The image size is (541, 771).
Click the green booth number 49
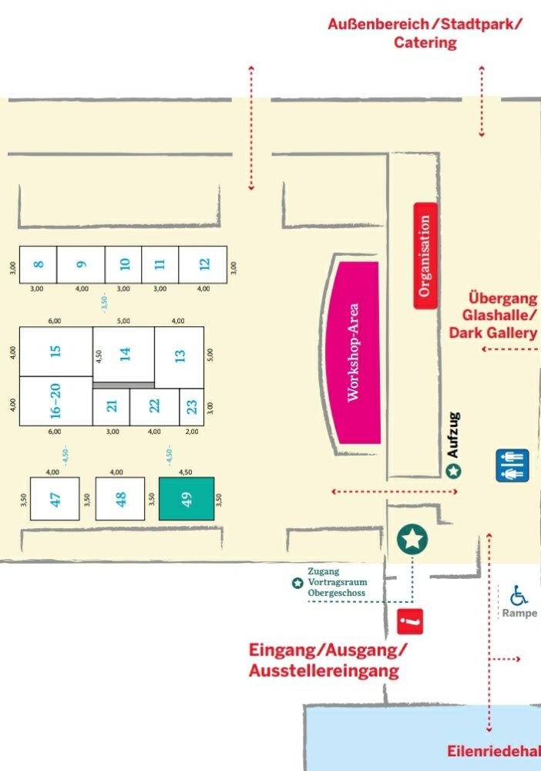[x=186, y=498]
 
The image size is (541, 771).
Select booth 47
[x=55, y=499]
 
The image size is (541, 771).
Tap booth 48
[x=120, y=499]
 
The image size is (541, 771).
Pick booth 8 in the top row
[x=39, y=264]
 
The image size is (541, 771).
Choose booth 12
[x=203, y=264]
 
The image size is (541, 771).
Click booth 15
[x=55, y=352]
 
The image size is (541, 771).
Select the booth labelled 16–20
[x=55, y=400]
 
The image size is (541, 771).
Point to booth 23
[x=192, y=406]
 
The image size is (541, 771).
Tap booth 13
[x=180, y=356]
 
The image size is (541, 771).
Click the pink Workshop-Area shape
[x=355, y=352]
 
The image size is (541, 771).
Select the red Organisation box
[x=425, y=256]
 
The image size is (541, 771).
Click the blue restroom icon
[x=512, y=466]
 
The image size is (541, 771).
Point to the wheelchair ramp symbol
[x=519, y=595]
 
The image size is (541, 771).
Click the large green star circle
[x=413, y=539]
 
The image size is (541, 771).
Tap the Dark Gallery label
[x=493, y=333]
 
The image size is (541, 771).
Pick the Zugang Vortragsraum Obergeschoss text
[x=335, y=582]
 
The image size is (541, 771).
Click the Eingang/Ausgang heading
[x=327, y=650]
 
